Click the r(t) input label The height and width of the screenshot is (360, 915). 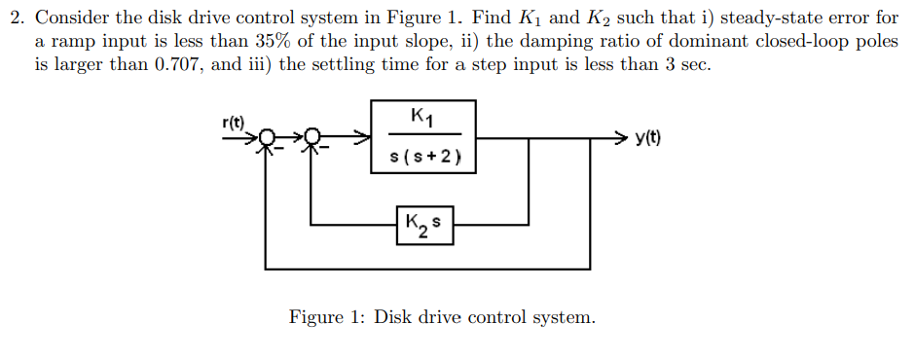[x=234, y=123]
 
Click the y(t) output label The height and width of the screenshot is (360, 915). [x=650, y=137]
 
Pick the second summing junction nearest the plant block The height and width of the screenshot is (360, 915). [x=311, y=138]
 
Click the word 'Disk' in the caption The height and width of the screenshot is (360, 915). [x=396, y=317]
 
